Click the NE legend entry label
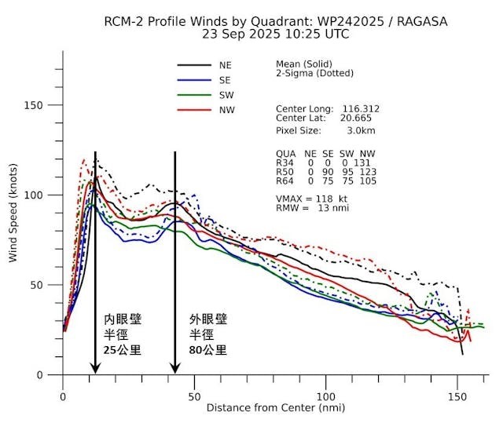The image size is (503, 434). coord(226,66)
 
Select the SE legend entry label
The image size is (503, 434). coord(226,81)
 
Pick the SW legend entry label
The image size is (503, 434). coord(226,96)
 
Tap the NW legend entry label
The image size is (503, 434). coord(227,111)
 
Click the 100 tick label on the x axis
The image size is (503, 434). coord(326,397)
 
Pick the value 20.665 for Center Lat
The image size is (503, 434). coord(355,118)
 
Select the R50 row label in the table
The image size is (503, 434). coord(285,172)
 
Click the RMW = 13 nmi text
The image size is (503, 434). coord(312,208)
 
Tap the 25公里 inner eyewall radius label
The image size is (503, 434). coord(123,350)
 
